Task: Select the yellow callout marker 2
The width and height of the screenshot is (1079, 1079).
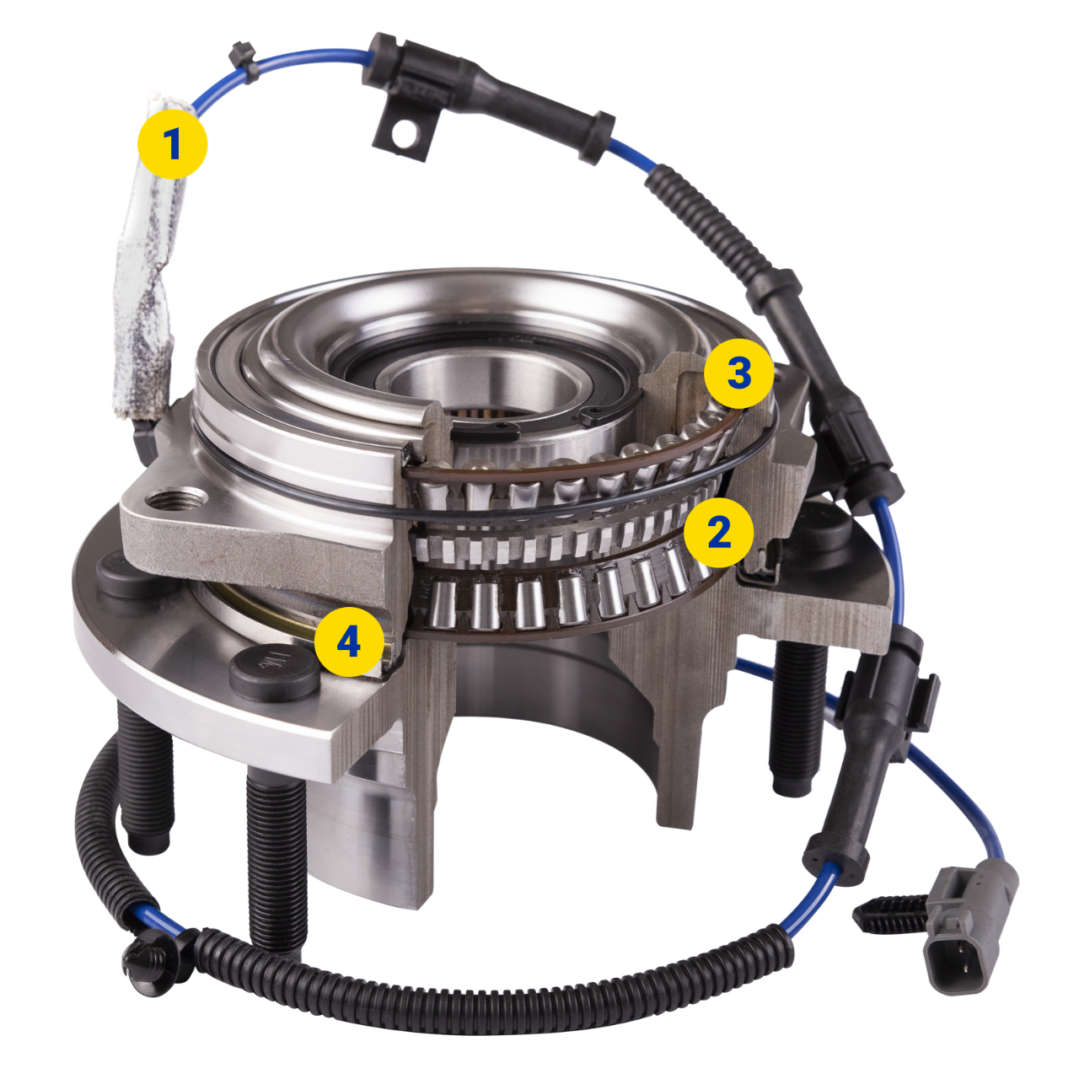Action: (x=718, y=532)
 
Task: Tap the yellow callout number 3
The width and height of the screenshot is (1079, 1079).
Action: (x=738, y=373)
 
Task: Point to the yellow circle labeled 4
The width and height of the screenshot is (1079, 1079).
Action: (x=349, y=642)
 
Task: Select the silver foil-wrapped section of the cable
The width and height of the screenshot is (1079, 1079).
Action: (x=147, y=270)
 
